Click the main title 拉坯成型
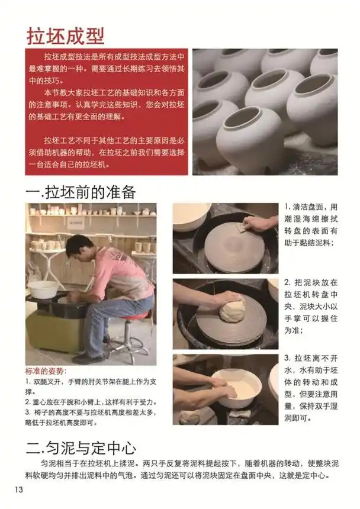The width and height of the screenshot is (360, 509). tap(66, 35)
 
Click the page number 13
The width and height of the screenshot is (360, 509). tap(18, 489)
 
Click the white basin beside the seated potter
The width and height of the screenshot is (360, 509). tap(43, 289)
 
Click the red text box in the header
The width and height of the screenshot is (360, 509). tap(107, 112)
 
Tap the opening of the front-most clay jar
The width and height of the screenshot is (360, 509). tap(243, 117)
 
